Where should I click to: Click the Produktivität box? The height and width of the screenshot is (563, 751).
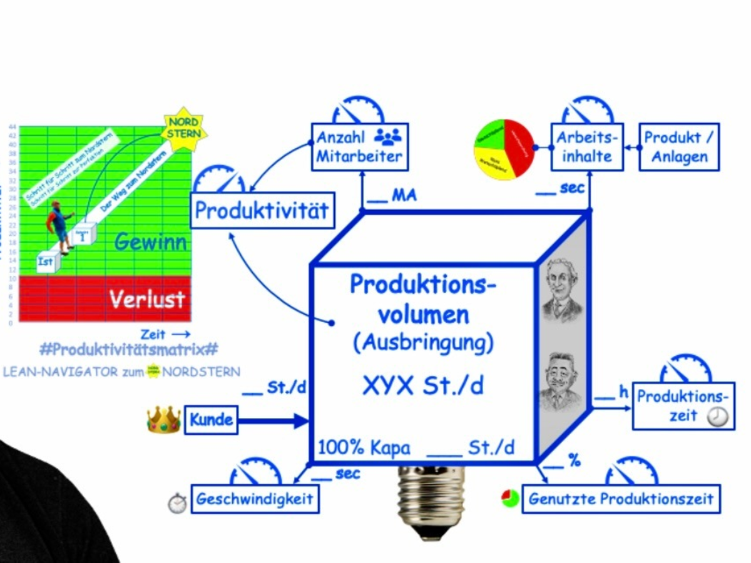[x=262, y=211]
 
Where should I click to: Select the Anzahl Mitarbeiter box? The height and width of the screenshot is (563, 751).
[x=359, y=147]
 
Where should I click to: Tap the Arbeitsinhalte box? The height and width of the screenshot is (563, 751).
[x=587, y=147]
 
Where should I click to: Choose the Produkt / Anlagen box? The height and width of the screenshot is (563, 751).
[x=679, y=147]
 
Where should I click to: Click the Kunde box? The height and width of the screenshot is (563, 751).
[x=211, y=420]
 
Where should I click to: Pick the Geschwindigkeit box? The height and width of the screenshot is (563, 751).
[x=255, y=499]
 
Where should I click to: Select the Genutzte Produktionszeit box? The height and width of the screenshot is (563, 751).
[x=621, y=499]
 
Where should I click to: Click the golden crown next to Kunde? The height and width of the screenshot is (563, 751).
[x=164, y=420]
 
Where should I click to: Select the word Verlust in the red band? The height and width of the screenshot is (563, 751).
[x=148, y=300]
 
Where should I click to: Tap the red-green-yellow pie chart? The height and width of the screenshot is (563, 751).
[x=504, y=150]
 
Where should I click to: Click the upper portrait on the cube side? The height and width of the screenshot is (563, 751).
[x=561, y=289]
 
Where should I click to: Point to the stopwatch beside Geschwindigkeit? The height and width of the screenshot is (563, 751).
[x=177, y=502]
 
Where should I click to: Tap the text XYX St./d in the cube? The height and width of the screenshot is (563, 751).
[x=423, y=386]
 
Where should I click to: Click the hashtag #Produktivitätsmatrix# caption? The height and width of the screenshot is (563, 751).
[x=128, y=349]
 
